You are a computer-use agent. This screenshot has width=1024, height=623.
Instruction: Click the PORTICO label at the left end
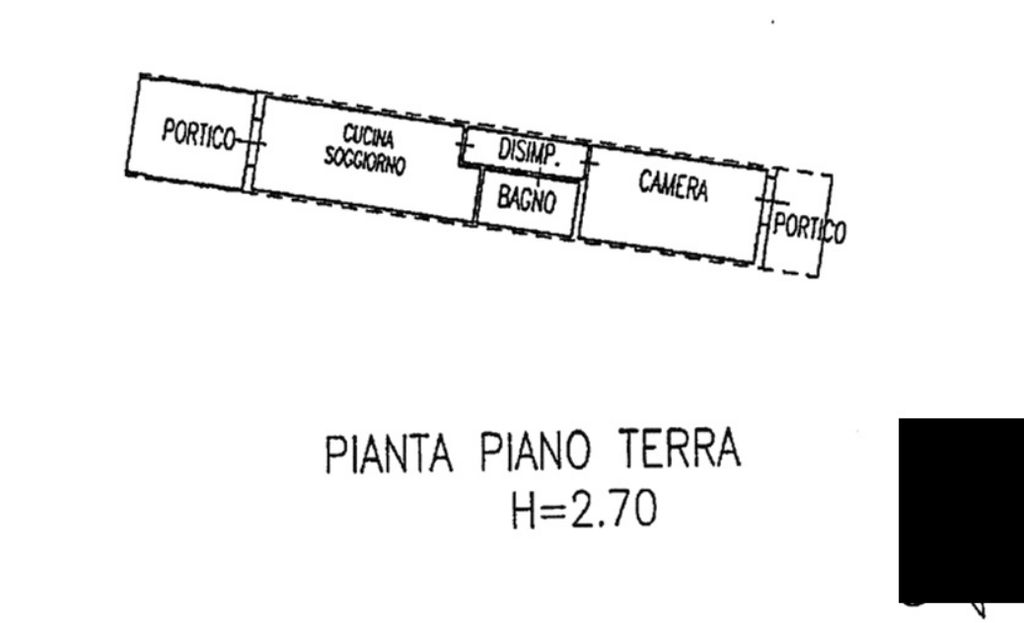198,134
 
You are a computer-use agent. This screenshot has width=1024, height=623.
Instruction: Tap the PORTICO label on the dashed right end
810,229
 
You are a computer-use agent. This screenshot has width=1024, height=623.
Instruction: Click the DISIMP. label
530,153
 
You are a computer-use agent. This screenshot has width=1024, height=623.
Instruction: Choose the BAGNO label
527,199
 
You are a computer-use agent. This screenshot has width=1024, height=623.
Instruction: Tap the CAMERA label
674,186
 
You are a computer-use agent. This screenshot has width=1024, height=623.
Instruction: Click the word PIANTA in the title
390,453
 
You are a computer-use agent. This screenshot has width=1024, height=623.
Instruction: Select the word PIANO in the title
536,450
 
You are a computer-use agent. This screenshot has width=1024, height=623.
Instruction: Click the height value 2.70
614,509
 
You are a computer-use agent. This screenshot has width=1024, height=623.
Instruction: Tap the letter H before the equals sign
524,510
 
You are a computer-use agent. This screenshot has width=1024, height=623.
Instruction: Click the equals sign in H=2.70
553,510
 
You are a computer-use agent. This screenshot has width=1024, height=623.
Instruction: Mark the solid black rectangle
961,511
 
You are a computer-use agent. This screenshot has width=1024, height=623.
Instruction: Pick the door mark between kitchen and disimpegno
465,146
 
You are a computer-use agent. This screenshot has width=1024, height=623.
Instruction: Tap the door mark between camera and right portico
767,199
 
